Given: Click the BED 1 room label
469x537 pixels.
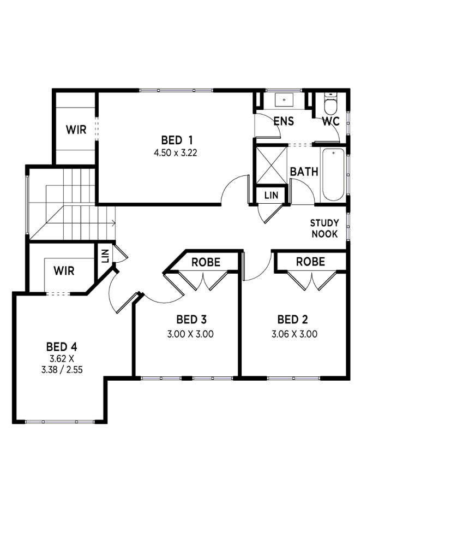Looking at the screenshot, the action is tap(177, 140).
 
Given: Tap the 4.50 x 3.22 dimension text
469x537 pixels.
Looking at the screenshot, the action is tap(176, 153).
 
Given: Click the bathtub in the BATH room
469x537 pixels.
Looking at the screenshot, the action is tap(333, 174).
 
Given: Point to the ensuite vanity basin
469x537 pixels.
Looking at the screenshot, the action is tap(284, 99).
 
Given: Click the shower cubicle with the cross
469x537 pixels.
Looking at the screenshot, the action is tap(272, 165).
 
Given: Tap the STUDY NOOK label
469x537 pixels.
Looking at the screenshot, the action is tap(324, 228).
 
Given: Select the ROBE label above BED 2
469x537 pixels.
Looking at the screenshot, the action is tap(310, 262).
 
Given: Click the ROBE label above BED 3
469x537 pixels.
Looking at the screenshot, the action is tap(206, 262).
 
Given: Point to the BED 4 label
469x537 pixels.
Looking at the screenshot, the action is tap(62, 347).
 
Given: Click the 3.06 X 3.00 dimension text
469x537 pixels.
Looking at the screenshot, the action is tap(294, 334).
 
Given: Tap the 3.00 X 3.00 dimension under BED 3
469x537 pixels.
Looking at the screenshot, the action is tap(190, 334).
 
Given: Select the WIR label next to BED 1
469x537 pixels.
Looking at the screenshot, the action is tap(76, 130).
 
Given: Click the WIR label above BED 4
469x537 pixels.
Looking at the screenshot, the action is tap(64, 271).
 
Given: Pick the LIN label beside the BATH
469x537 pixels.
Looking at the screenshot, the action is tap(272, 195).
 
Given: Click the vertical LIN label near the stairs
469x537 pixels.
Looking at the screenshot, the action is tap(105, 256).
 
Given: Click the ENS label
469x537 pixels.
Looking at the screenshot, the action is tap(284, 121).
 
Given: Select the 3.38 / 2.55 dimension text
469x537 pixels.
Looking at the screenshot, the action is tap(62, 370).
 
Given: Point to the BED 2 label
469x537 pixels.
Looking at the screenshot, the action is tap(293, 320).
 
